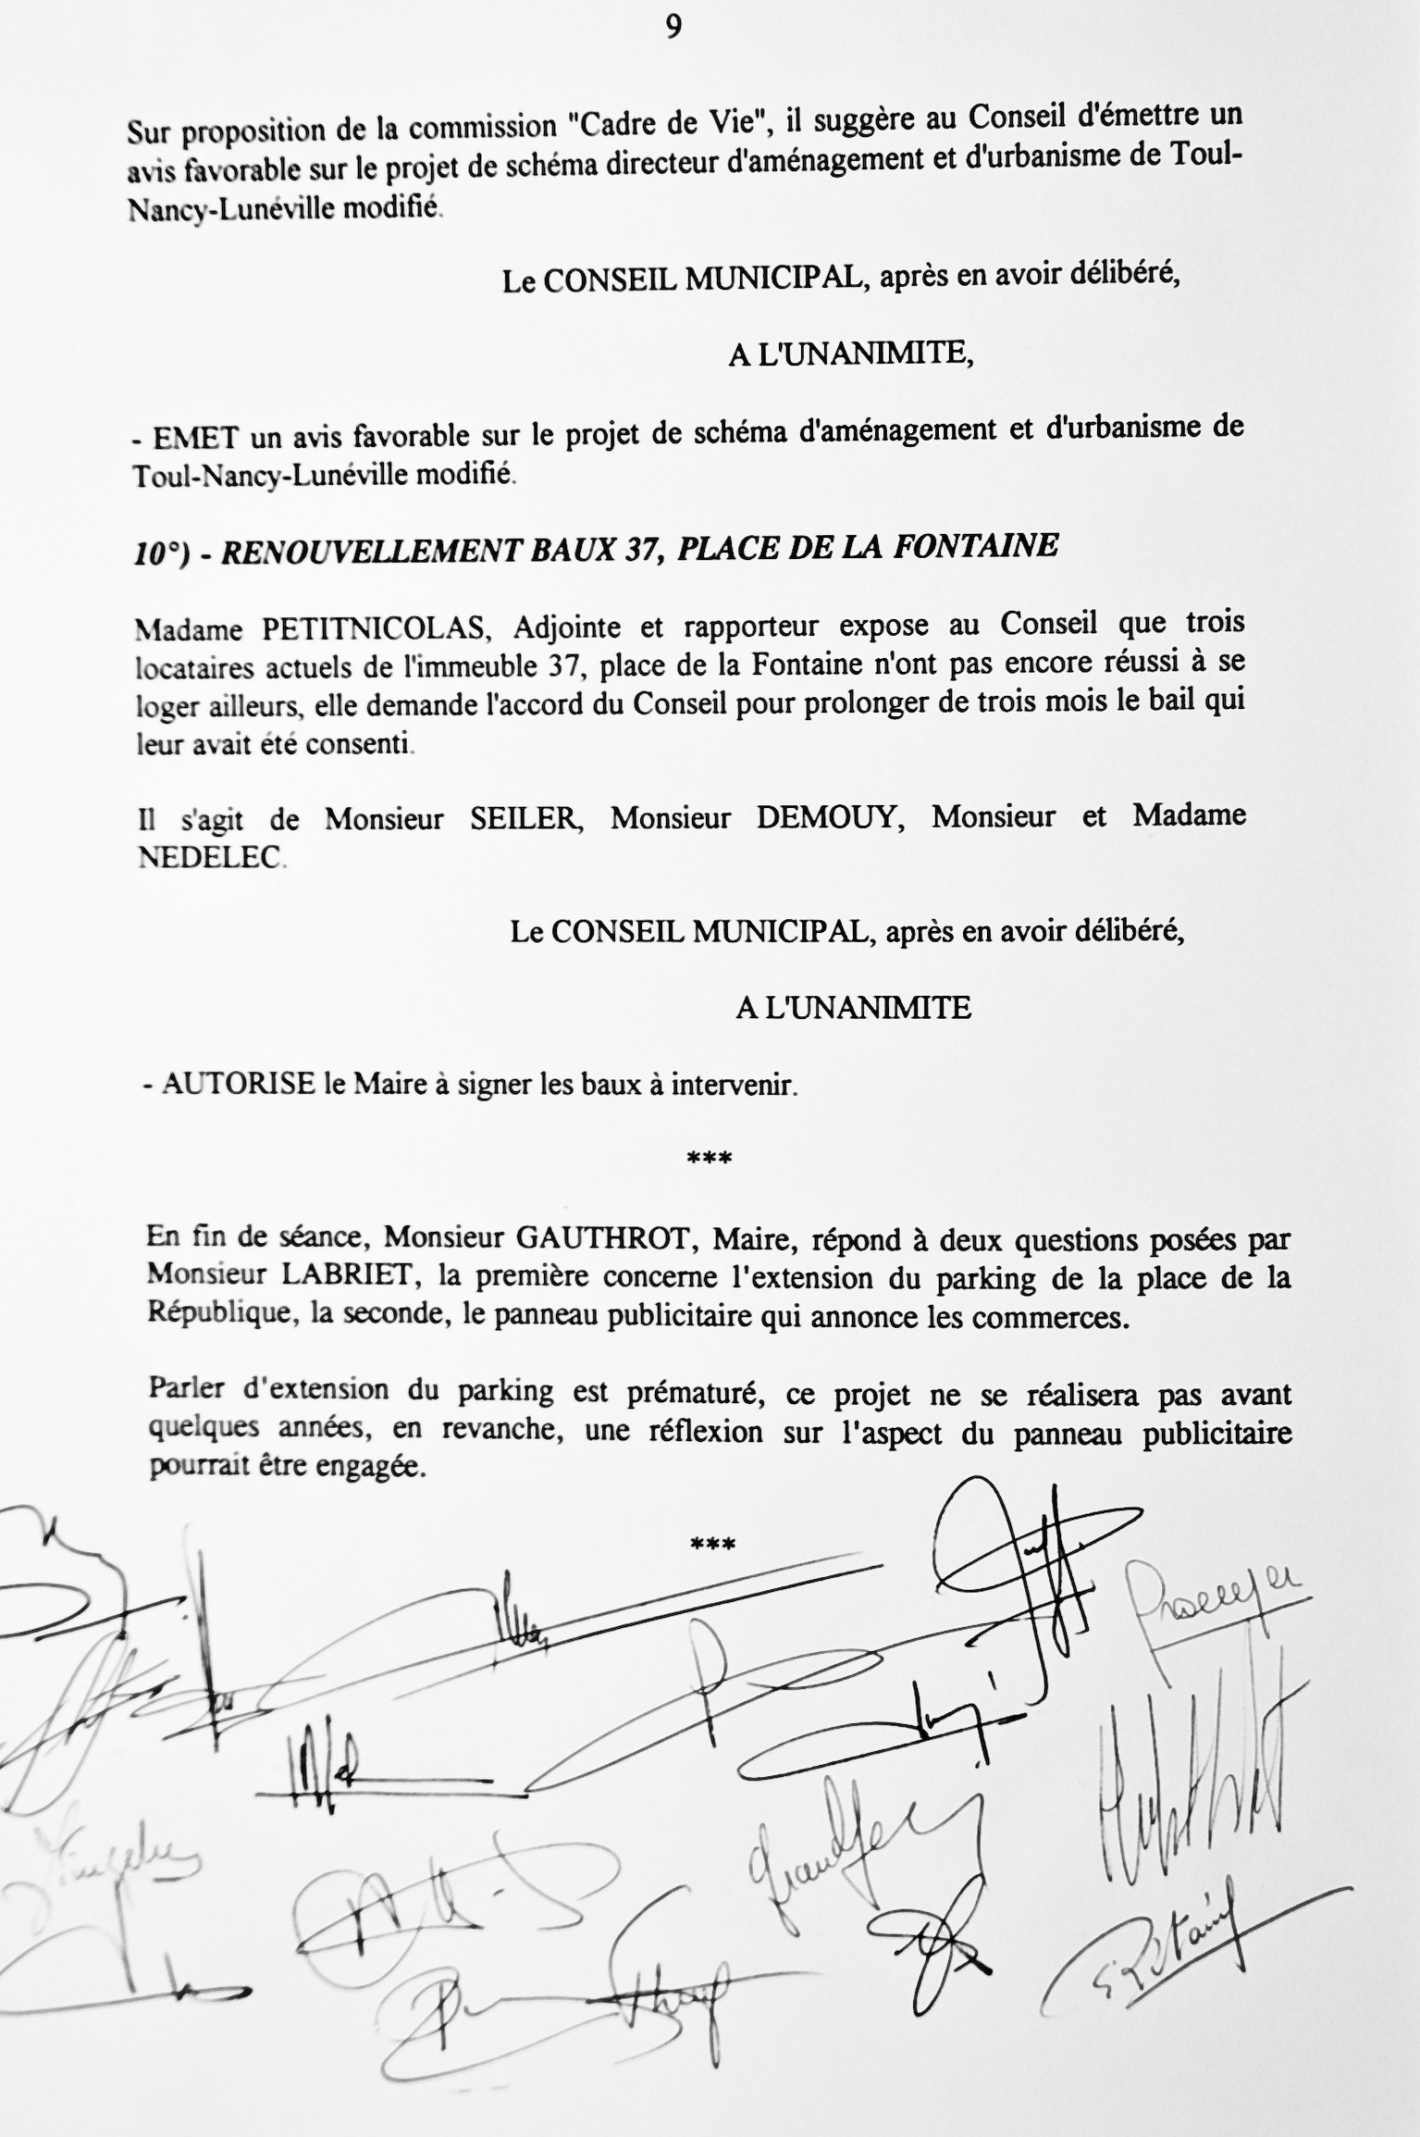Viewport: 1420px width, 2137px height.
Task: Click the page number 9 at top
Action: pyautogui.click(x=673, y=28)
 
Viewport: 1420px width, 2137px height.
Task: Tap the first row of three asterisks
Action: pyautogui.click(x=710, y=1158)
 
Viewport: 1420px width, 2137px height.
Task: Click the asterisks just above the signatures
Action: pyautogui.click(x=712, y=1543)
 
